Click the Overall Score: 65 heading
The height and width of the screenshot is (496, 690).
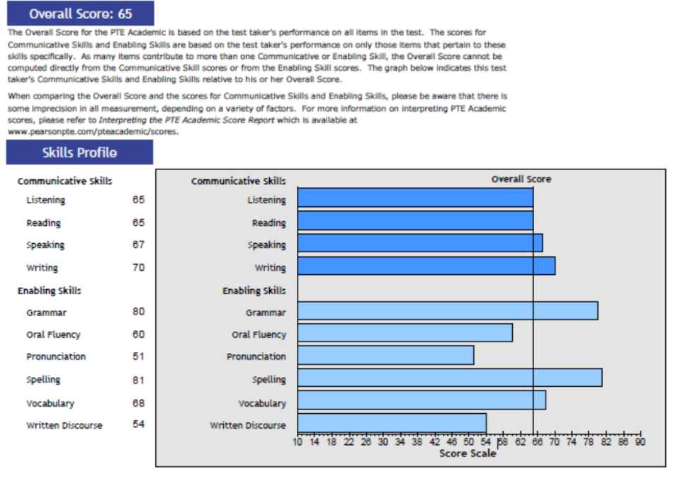(x=80, y=13)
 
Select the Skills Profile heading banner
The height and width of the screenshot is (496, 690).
(x=79, y=152)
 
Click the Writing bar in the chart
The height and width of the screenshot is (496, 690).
(x=426, y=266)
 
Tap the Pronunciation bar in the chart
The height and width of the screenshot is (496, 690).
(x=385, y=356)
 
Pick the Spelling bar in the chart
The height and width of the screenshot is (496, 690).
(x=449, y=378)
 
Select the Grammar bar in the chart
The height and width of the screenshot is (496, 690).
(x=447, y=311)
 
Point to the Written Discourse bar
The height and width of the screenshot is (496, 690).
(x=392, y=423)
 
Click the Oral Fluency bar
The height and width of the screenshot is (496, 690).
(x=405, y=333)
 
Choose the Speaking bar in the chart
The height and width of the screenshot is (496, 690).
(x=419, y=244)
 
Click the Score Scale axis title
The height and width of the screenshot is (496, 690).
(x=468, y=453)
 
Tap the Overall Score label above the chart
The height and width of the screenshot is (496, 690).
(x=521, y=179)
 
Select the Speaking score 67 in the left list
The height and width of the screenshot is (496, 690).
(x=138, y=245)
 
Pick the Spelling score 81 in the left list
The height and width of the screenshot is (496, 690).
(x=138, y=380)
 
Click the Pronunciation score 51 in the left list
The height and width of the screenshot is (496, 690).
(x=138, y=356)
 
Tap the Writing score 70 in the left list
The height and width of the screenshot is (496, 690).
(x=138, y=268)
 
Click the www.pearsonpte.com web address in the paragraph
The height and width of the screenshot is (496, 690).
(x=93, y=131)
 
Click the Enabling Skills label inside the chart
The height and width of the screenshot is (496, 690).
(x=254, y=291)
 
